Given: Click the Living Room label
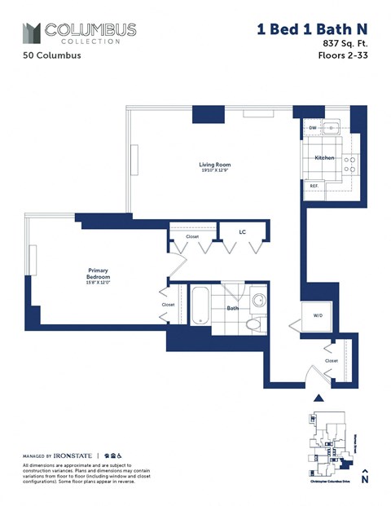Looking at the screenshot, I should point(211,165).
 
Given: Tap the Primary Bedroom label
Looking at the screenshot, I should point(99,274).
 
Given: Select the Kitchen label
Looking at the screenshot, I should point(324,157).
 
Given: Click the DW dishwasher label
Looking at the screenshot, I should point(312,129).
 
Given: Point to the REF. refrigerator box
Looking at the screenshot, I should point(314,186).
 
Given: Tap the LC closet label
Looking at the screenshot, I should point(242,232).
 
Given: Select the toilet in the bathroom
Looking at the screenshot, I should point(254,323).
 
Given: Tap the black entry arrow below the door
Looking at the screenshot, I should point(319,398).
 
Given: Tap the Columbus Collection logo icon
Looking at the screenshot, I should point(31,33).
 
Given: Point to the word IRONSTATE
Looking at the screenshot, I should point(74,455).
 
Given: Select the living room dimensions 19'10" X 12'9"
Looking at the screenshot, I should point(211,171).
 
